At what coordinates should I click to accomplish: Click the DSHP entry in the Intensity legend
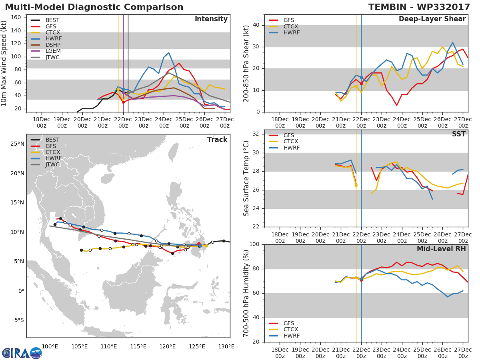pyautogui.click(x=52, y=45)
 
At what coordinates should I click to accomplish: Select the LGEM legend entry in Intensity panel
pyautogui.click(x=52, y=51)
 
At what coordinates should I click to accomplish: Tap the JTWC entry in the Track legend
pyautogui.click(x=52, y=165)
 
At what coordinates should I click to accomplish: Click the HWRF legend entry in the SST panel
pyautogui.click(x=291, y=148)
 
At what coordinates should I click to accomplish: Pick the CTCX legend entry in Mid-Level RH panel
pyautogui.click(x=291, y=330)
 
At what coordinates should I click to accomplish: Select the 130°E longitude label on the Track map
pyautogui.click(x=226, y=346)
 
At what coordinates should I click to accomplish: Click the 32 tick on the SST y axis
pyautogui.click(x=257, y=134)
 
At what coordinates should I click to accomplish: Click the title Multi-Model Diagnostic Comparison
pyautogui.click(x=94, y=7)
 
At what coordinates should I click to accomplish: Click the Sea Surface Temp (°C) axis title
pyautogui.click(x=246, y=178)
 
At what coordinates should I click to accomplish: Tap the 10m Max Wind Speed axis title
pyautogui.click(x=4, y=63)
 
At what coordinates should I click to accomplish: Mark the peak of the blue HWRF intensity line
pyautogui.click(x=169, y=53)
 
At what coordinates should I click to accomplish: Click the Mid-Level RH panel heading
pyautogui.click(x=441, y=249)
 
